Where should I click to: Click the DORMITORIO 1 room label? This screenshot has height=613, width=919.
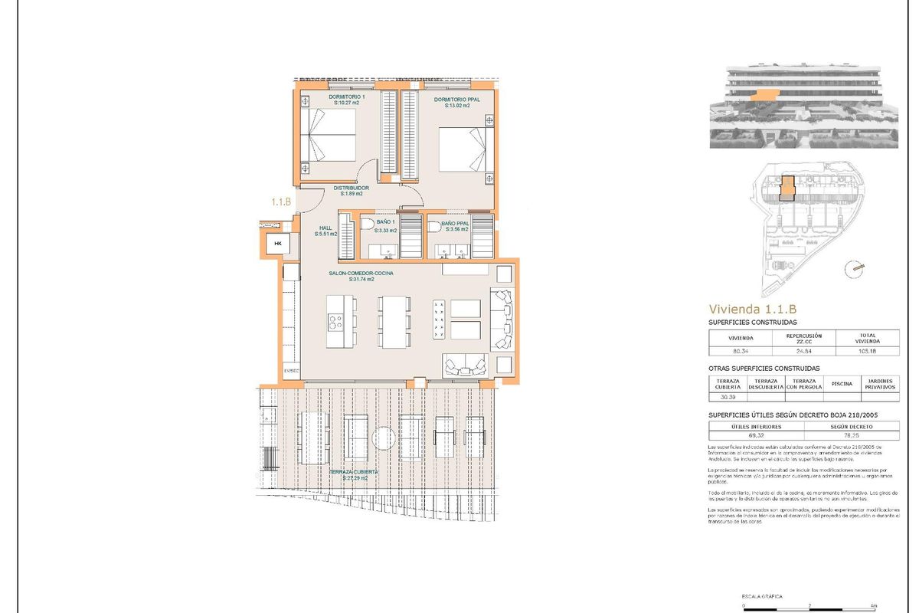coord(347,97)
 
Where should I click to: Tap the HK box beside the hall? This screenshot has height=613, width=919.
coord(278,244)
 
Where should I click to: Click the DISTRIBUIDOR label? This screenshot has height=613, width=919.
coord(352,188)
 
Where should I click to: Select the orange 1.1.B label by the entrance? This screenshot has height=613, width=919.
coord(281,202)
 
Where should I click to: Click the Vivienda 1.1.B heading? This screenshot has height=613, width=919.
coord(753,309)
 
